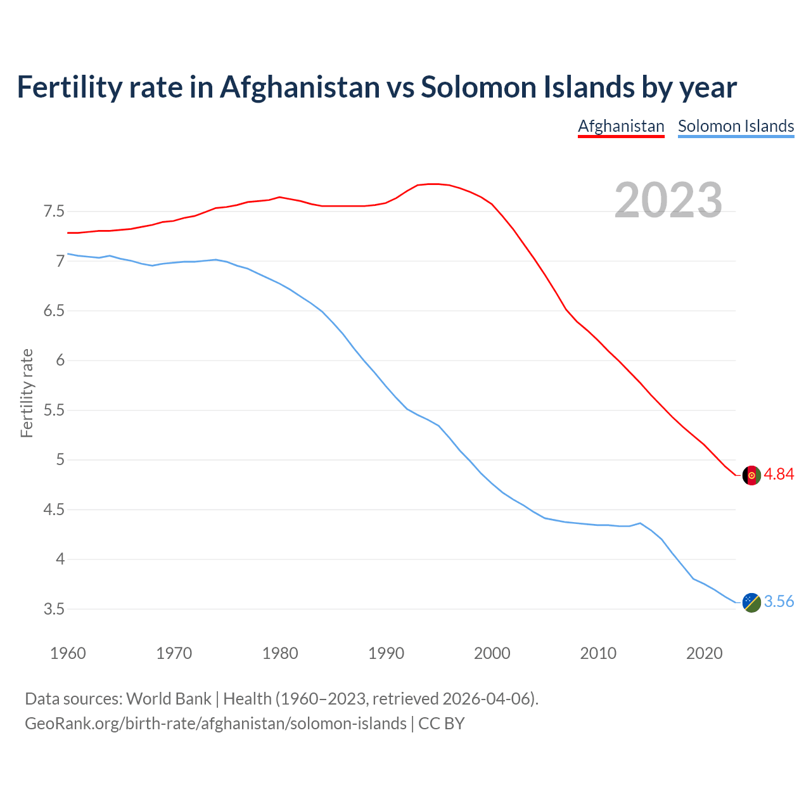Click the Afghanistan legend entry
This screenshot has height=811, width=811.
pyautogui.click(x=621, y=126)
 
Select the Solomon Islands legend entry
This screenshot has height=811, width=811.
pyautogui.click(x=736, y=126)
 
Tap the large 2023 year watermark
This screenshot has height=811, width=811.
pyautogui.click(x=668, y=200)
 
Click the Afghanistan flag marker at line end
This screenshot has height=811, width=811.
pyautogui.click(x=751, y=475)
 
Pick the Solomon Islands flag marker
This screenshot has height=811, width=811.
pyautogui.click(x=751, y=602)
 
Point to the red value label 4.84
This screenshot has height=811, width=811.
pyautogui.click(x=779, y=475)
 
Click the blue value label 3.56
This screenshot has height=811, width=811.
pyautogui.click(x=779, y=601)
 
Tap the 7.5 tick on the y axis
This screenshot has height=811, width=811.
pyautogui.click(x=54, y=211)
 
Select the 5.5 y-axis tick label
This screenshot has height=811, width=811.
pyautogui.click(x=54, y=410)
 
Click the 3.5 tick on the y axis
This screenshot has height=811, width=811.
pyautogui.click(x=54, y=609)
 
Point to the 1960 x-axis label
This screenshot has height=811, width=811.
pyautogui.click(x=68, y=653)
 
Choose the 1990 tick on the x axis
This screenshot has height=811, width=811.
pyautogui.click(x=386, y=653)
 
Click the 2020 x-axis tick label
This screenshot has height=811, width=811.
pyautogui.click(x=704, y=653)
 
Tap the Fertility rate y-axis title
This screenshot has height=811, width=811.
pyautogui.click(x=27, y=393)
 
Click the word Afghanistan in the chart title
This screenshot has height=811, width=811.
pyautogui.click(x=300, y=87)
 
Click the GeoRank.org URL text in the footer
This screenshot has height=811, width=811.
pyautogui.click(x=215, y=724)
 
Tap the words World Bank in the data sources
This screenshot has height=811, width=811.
pyautogui.click(x=169, y=699)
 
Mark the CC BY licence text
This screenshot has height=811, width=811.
pyautogui.click(x=442, y=724)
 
